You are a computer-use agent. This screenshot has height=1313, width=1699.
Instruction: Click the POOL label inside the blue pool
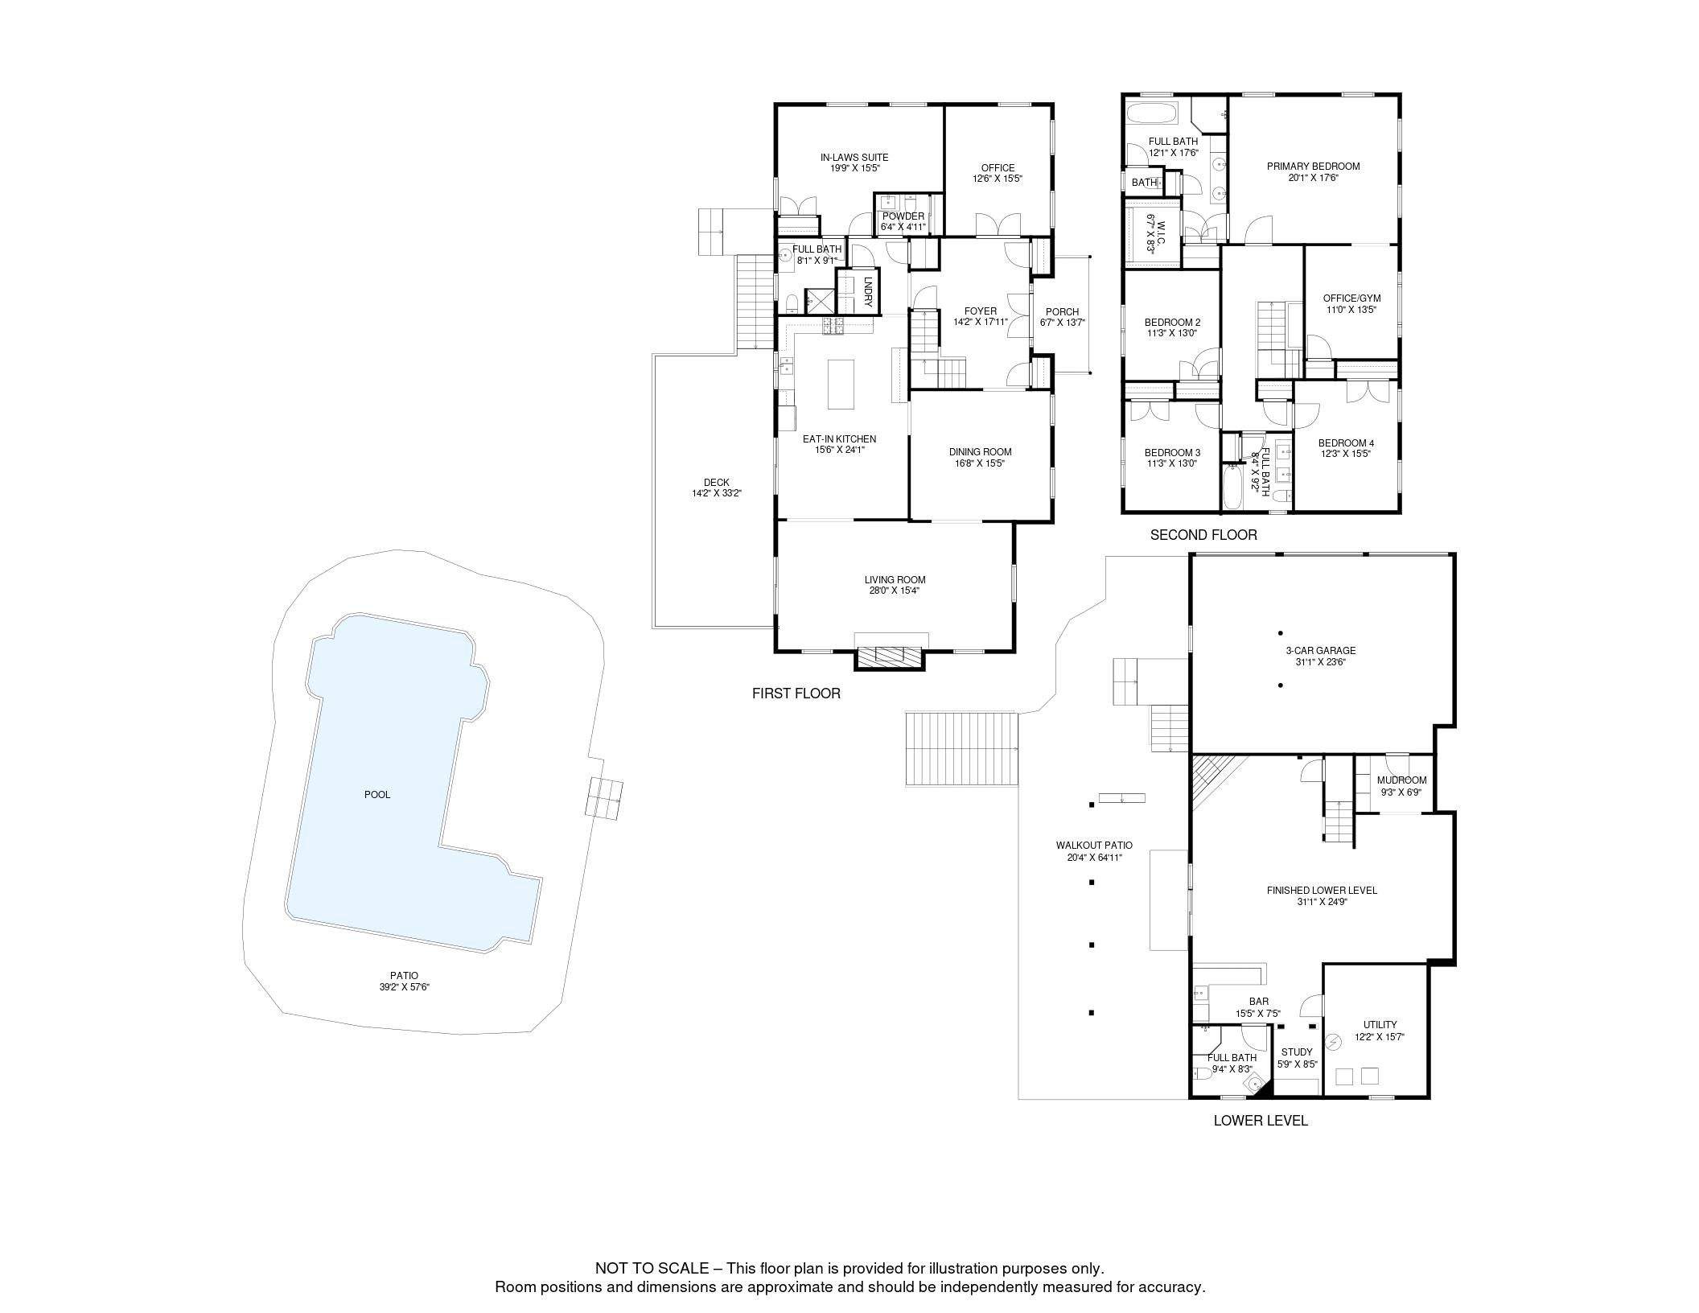(376, 794)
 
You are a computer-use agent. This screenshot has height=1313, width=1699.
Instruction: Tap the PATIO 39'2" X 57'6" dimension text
(404, 986)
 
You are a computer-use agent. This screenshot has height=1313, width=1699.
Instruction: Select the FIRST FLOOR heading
(796, 693)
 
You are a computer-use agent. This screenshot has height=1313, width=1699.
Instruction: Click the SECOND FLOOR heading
(1203, 535)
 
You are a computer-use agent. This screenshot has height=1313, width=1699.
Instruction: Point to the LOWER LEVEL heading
(1260, 1120)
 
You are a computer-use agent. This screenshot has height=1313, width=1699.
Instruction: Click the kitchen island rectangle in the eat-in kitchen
(841, 384)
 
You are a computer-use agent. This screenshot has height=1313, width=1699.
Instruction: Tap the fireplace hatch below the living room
(889, 656)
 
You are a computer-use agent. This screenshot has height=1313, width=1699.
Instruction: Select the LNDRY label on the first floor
(868, 292)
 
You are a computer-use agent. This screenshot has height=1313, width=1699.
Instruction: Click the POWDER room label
(903, 216)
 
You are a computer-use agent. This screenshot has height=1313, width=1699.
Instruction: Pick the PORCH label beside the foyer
(1062, 312)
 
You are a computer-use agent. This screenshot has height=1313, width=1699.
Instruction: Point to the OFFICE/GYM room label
(1351, 298)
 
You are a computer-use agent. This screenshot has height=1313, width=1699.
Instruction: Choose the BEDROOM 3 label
(1172, 452)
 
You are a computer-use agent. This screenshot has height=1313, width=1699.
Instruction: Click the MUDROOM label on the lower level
(1401, 780)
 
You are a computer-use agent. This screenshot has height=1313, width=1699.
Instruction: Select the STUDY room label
(1297, 1052)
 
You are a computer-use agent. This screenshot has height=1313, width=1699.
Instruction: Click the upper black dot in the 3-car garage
(1280, 633)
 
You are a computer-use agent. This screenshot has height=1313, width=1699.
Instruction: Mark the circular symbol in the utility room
(1333, 1043)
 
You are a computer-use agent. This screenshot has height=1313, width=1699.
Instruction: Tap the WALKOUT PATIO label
(1094, 845)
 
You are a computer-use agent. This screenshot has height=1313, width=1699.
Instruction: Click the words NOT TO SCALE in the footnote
(651, 1268)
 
